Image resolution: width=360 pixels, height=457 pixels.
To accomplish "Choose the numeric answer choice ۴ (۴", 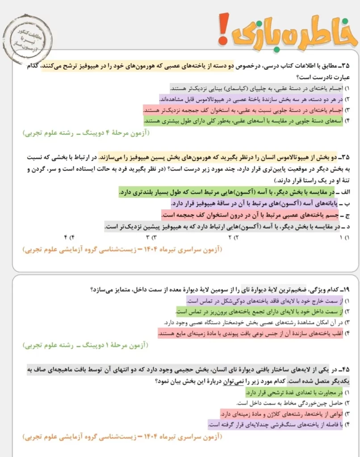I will [68, 236].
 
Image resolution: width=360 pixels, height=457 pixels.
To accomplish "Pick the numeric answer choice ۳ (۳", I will [151, 236].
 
